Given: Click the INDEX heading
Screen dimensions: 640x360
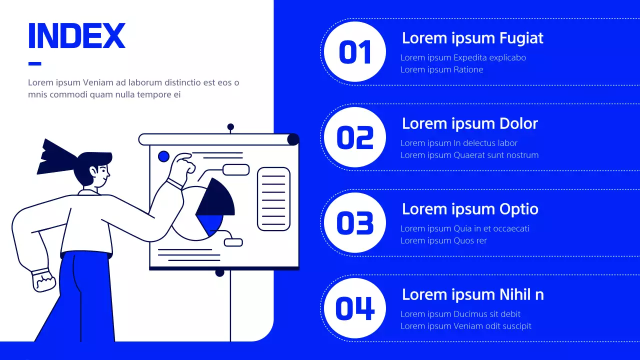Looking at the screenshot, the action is [x=77, y=35].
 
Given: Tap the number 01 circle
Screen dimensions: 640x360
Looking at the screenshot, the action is [x=355, y=51].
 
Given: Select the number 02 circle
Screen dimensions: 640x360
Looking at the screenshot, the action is [x=355, y=137].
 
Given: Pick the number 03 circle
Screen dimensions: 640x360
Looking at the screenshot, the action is [x=355, y=222].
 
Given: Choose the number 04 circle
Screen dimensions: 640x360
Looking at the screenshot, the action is [x=355, y=308].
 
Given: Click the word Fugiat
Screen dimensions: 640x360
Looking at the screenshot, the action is [x=521, y=38].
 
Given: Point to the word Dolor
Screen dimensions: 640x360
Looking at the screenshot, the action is [x=518, y=123].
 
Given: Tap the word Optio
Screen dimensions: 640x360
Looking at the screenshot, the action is [x=519, y=209].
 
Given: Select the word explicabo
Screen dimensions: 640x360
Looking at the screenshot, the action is [x=507, y=57].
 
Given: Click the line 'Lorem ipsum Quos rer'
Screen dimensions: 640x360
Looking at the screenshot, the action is [x=443, y=240].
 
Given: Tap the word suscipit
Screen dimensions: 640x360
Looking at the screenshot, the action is [x=515, y=326].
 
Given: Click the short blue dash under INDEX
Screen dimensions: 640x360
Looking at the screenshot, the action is [x=35, y=63].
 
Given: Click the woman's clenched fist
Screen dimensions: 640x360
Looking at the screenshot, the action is [x=43, y=280].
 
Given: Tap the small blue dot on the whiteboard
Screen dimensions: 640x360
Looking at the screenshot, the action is [x=163, y=156].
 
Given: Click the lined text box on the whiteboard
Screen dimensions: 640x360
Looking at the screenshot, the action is [x=273, y=199].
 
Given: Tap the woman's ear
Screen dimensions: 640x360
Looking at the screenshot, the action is [x=93, y=171].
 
